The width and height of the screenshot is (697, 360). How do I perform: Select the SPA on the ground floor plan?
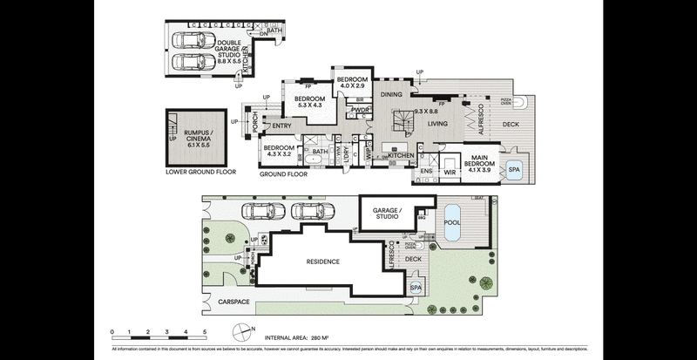click(514, 169)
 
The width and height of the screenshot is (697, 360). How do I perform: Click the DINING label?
click(391, 94)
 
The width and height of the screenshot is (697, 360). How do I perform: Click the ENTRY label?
click(281, 127)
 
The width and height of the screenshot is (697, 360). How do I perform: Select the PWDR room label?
click(363, 110)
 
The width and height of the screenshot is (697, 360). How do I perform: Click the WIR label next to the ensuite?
click(450, 171)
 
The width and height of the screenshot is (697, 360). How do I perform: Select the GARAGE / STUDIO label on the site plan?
click(386, 214)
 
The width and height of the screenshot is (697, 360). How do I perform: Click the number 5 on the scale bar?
click(205, 332)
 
